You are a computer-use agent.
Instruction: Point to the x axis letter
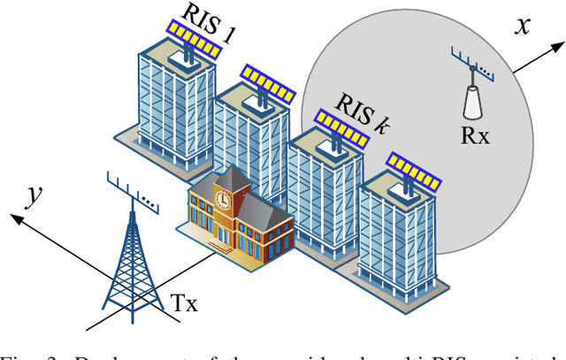pyautogui.click(x=523, y=27)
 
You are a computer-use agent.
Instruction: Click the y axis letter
pyautogui.click(x=36, y=194)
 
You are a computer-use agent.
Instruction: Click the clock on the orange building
pyautogui.click(x=223, y=201)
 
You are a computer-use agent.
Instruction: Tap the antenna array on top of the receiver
pyautogui.click(x=470, y=64)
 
